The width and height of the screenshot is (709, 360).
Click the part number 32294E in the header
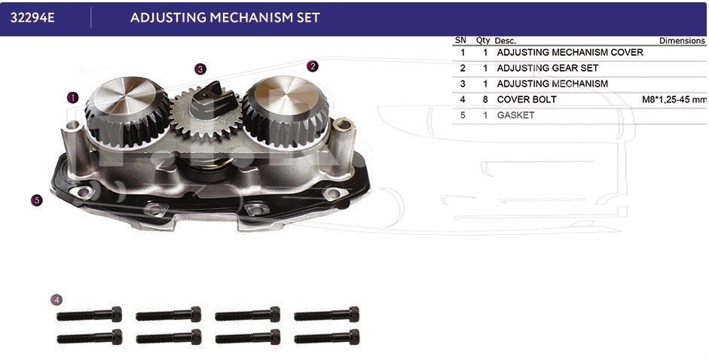click(32, 17)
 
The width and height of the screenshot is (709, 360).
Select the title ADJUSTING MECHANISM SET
click(225, 17)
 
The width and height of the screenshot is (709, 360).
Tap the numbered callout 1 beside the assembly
click(73, 97)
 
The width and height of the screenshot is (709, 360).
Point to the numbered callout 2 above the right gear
click(313, 66)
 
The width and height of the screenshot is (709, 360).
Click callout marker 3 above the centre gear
click(200, 69)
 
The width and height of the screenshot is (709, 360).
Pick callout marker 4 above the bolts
click(56, 300)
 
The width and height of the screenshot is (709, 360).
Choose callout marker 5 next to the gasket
click(37, 200)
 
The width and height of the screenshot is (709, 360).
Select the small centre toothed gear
click(205, 113)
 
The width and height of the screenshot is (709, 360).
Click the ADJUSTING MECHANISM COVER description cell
click(570, 53)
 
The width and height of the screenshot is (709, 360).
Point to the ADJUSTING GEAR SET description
click(548, 69)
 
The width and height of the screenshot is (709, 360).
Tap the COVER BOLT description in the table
click(527, 99)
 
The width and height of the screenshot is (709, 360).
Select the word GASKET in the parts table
click(515, 115)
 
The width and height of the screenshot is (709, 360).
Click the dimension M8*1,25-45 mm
click(674, 100)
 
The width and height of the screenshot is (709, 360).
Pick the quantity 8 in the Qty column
click(485, 99)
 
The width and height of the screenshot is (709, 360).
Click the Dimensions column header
click(682, 41)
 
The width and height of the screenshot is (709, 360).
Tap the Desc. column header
click(505, 41)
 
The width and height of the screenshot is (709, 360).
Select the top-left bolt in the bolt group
click(90, 314)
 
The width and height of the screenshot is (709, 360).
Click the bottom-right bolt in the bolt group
click(326, 337)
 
